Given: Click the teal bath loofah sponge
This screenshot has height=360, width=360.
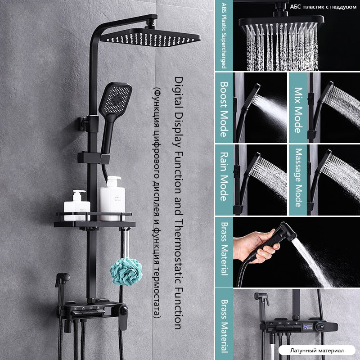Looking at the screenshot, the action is click(126, 271).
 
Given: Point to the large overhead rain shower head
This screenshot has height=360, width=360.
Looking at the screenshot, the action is click(150, 37).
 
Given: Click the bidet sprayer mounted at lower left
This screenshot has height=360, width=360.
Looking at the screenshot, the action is click(62, 285).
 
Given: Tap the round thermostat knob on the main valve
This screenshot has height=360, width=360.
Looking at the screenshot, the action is click(124, 310).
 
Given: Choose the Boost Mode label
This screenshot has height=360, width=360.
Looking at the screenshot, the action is click(224, 109).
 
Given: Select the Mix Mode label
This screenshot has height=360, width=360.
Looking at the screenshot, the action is click(298, 110).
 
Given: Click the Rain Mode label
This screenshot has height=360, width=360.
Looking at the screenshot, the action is click(224, 176).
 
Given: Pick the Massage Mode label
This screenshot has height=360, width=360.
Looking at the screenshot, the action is click(298, 178).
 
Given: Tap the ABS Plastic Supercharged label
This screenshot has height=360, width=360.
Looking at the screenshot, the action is click(224, 36).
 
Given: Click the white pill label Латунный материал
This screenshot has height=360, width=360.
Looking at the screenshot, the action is click(317, 351).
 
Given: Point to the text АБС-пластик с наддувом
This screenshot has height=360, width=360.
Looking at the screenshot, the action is click(323, 7).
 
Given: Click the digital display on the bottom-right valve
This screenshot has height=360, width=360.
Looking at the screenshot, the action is click(308, 327).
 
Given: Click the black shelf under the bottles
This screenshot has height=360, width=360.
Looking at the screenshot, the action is click(94, 222).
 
